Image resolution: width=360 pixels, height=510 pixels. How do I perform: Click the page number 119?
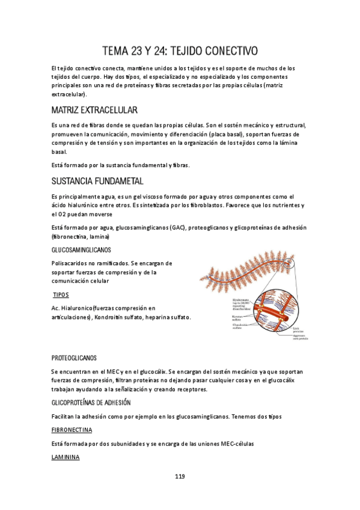coord(180,476)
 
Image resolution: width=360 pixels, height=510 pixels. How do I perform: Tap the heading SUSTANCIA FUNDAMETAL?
coord(97,182)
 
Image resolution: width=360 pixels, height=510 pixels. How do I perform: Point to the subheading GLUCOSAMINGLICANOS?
coord(81,250)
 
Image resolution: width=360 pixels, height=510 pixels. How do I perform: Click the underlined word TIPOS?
coord(61,295)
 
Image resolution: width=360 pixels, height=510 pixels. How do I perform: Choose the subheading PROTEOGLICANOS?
coord(74,358)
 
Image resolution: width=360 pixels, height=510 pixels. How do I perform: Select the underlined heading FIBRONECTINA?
coord(72,430)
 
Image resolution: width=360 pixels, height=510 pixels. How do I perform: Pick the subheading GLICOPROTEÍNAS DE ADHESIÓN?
coord(91,402)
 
